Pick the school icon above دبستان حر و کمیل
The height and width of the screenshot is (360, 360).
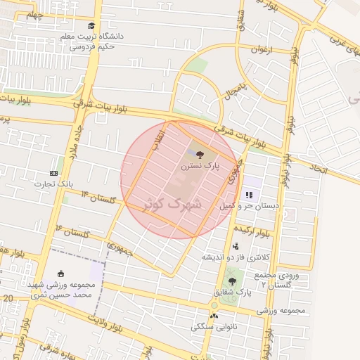click(249, 195)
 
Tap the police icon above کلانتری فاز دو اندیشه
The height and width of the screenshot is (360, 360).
click(236, 246)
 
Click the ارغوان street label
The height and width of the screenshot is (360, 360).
click(260, 51)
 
